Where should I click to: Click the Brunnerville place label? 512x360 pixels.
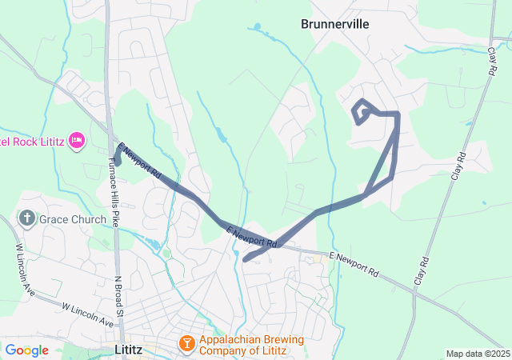334,24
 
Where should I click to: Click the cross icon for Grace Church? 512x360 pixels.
26,218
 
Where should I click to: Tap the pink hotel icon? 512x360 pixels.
77,142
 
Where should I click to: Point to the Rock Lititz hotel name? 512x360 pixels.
32,142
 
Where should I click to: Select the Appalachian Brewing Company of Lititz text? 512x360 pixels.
251,345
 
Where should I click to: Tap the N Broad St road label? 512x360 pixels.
118,297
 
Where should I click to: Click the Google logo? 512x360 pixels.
26,350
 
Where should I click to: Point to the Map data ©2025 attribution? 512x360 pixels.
477,354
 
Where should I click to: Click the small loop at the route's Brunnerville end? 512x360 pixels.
362,112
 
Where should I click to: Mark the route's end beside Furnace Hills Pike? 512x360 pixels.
117,161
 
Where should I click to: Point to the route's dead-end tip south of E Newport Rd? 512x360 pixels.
245,258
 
